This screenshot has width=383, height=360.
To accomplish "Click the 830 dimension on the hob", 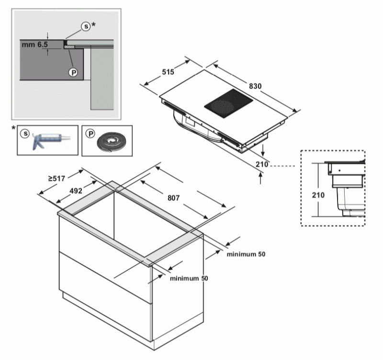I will click(x=255, y=87).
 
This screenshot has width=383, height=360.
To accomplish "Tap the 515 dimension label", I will click(x=167, y=72).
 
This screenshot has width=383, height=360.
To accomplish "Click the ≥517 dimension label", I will click(x=57, y=179).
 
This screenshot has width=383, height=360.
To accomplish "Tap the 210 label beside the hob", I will click(x=261, y=165).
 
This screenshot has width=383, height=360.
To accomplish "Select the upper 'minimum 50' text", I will click(x=246, y=254).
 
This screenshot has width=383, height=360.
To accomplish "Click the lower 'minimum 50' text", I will click(x=189, y=278).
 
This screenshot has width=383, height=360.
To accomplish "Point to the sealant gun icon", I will click(x=48, y=140).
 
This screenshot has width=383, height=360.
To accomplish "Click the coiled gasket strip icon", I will click(x=110, y=142).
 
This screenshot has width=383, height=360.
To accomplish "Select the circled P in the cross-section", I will click(x=73, y=72).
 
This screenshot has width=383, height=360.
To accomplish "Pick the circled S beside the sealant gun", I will click(x=24, y=134).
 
